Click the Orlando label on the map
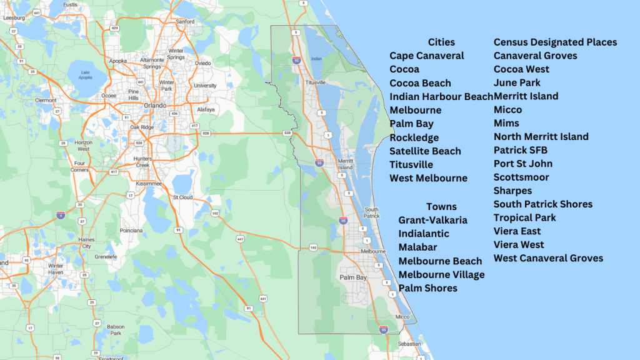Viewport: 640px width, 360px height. click(x=156, y=105)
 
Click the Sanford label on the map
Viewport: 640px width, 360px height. click(x=186, y=21)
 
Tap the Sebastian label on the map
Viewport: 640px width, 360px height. click(x=410, y=344)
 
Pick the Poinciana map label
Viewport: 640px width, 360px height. click(x=132, y=230)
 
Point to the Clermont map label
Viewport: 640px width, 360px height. click(x=46, y=100)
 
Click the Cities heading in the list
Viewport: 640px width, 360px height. click(x=441, y=42)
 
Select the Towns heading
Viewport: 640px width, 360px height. click(x=441, y=206)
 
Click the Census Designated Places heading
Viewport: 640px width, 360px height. click(x=555, y=42)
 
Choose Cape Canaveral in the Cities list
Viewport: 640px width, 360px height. click(x=426, y=56)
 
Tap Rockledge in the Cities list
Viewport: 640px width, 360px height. click(x=414, y=137)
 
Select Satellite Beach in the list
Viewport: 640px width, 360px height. click(x=425, y=151)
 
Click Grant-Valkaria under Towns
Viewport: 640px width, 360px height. click(x=432, y=220)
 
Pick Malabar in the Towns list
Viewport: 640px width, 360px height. click(x=417, y=247)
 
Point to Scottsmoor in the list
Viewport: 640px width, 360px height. click(x=521, y=177)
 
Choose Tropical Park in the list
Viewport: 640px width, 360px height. click(x=524, y=217)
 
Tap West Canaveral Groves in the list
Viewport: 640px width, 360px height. click(x=548, y=258)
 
